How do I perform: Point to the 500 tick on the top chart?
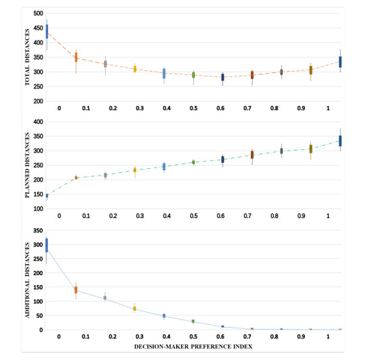pyautogui.click(x=37, y=14)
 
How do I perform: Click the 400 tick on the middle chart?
pyautogui.click(x=37, y=122)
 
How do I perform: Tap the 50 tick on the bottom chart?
pyautogui.click(x=39, y=315)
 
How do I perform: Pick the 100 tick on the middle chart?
pyautogui.click(x=37, y=209)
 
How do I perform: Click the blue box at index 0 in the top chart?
pyautogui.click(x=47, y=31)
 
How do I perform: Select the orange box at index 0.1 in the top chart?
pyautogui.click(x=76, y=57)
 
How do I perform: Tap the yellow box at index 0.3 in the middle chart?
pyautogui.click(x=135, y=170)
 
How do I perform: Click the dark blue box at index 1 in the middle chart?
pyautogui.click(x=340, y=140)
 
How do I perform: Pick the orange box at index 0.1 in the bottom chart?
pyautogui.click(x=76, y=290)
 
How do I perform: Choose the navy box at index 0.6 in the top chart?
pyautogui.click(x=222, y=77)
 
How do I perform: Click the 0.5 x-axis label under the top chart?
pyautogui.click(x=193, y=108)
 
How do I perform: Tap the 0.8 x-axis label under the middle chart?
pyautogui.click(x=275, y=216)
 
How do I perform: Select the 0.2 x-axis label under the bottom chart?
pyautogui.click(x=113, y=337)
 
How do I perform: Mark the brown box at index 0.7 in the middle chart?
pyautogui.click(x=252, y=155)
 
